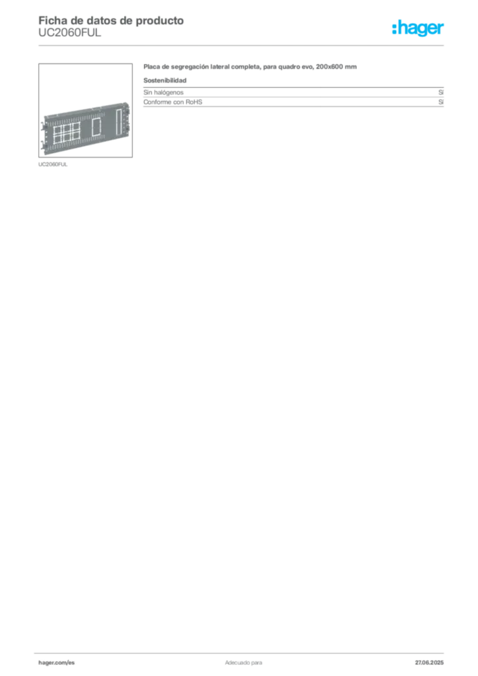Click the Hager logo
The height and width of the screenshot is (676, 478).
pyautogui.click(x=418, y=28)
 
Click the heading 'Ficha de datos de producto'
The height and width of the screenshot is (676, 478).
pyautogui.click(x=111, y=20)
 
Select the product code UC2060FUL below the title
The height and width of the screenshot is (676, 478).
pyautogui.click(x=70, y=33)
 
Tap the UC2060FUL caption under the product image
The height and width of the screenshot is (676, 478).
pyautogui.click(x=53, y=164)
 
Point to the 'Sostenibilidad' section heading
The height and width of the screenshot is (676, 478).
pyautogui.click(x=165, y=80)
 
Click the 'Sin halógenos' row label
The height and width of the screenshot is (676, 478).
pyautogui.click(x=163, y=92)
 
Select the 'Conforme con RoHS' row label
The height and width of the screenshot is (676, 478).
pyautogui.click(x=173, y=102)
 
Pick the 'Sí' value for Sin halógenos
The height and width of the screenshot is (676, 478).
pyautogui.click(x=441, y=92)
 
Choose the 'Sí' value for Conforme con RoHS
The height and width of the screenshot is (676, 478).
pyautogui.click(x=441, y=102)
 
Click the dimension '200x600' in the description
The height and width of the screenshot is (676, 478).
pyautogui.click(x=329, y=67)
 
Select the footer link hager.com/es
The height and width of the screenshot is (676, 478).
pyautogui.click(x=57, y=663)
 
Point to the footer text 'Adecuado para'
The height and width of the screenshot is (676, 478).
pyautogui.click(x=244, y=663)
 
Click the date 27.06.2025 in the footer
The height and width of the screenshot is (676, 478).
pyautogui.click(x=429, y=663)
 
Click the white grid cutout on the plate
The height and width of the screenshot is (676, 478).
pyautogui.click(x=67, y=133)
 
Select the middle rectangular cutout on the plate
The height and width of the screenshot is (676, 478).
pyautogui.click(x=96, y=127)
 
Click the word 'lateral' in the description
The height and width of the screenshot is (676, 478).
pyautogui.click(x=220, y=67)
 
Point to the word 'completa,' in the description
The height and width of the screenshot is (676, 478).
pyautogui.click(x=246, y=67)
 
